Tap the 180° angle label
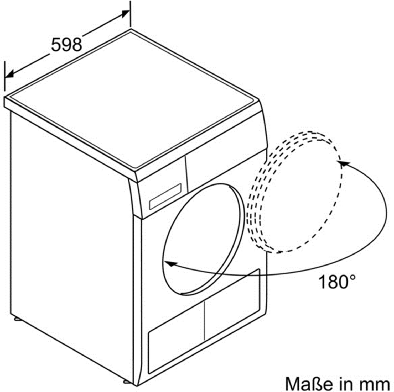click(337, 282)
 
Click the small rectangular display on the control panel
click(165, 197)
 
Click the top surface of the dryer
click(131, 100)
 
